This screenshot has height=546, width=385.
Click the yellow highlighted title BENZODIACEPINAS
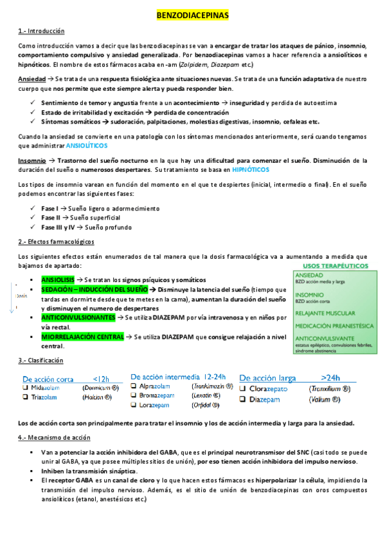[x=192, y=14]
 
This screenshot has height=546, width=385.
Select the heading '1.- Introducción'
[x=41, y=31]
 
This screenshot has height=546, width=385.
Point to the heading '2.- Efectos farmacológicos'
[x=57, y=241]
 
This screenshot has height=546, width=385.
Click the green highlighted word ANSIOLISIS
[x=57, y=280]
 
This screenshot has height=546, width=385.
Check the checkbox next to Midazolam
[x=26, y=389]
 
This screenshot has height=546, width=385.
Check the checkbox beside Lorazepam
[x=134, y=405]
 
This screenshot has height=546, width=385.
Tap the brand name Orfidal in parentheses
[x=206, y=405]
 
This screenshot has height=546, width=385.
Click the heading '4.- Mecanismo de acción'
[x=54, y=437]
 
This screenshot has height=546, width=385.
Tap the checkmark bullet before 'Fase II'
[x=33, y=218]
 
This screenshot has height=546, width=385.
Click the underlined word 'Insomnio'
[x=31, y=160]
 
